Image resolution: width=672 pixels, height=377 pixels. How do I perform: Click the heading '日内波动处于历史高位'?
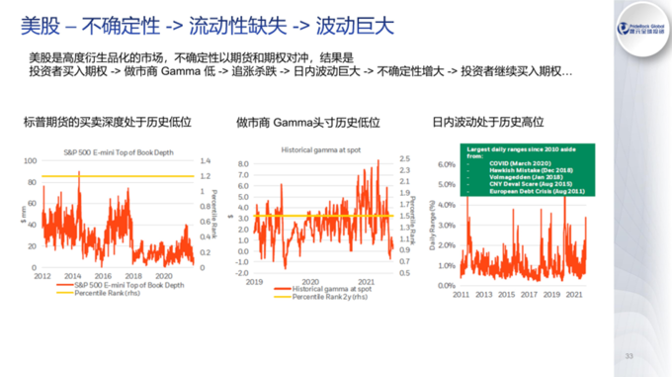pos(488,124)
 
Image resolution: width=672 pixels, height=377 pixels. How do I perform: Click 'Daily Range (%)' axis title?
pos(433,227)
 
